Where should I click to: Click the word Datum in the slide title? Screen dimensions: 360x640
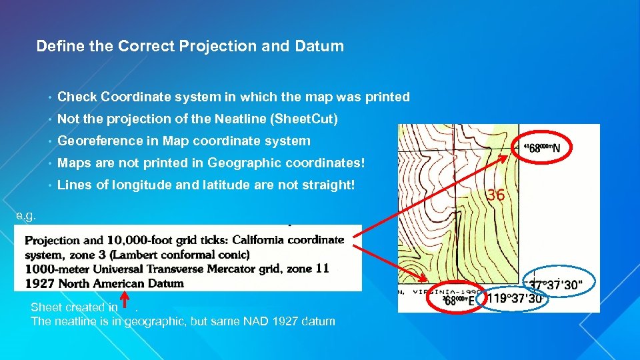[321, 46]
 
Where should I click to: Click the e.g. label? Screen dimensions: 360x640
[27, 216]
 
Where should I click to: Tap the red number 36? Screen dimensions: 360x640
[495, 195]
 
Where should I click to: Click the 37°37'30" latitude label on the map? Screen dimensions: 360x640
[556, 285]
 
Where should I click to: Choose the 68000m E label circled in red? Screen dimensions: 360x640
[458, 301]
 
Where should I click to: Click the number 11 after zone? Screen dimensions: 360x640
[323, 269]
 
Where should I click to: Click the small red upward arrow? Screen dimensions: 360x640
[125, 301]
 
